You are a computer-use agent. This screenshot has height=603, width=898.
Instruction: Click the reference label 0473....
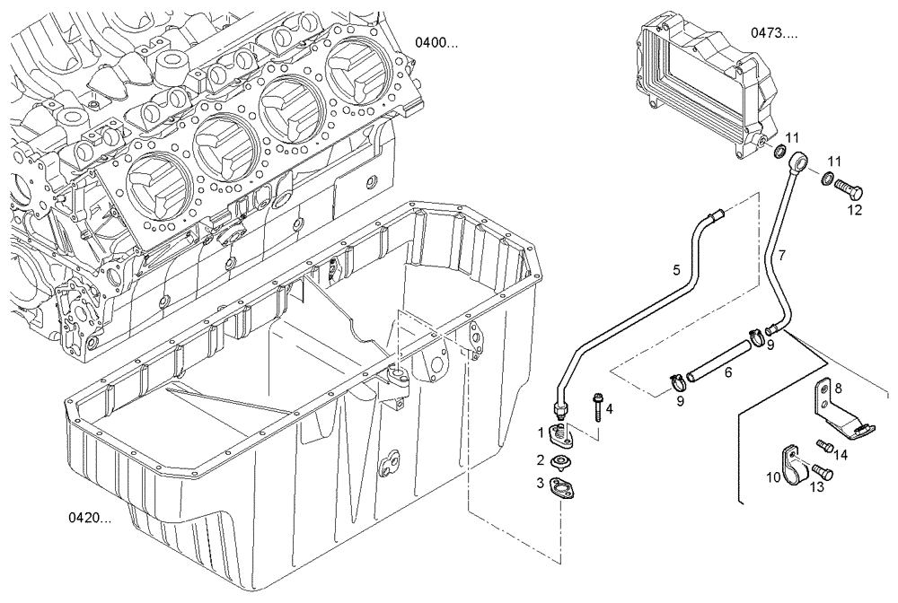(774, 33)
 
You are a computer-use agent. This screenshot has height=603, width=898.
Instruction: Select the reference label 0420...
(89, 518)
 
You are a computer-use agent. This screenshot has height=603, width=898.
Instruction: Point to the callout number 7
(781, 256)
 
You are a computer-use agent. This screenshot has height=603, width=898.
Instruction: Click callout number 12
(855, 210)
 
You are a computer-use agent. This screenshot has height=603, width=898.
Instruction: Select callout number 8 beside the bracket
(838, 389)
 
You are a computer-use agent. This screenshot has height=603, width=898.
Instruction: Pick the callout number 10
(772, 478)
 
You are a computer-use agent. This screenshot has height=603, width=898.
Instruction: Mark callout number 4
(609, 409)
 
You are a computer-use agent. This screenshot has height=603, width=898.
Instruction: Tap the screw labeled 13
(819, 469)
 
